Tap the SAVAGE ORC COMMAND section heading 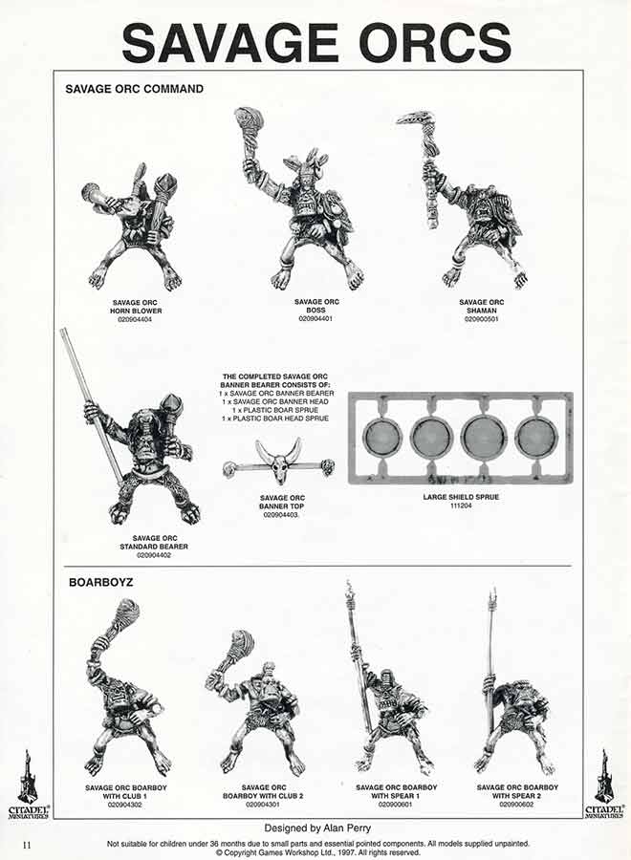134,89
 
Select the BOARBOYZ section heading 99,581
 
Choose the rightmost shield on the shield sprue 534,438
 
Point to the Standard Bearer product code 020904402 159,555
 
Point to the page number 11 28,844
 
